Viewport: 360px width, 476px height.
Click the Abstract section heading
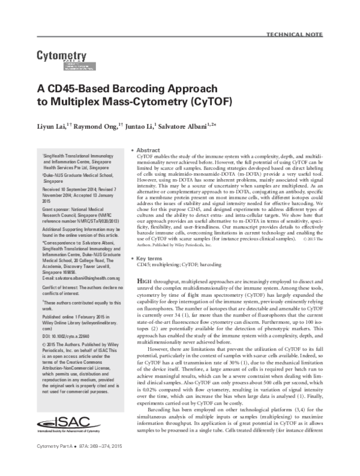[x=148, y=149]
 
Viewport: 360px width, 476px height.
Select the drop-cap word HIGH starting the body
[x=146, y=281]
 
